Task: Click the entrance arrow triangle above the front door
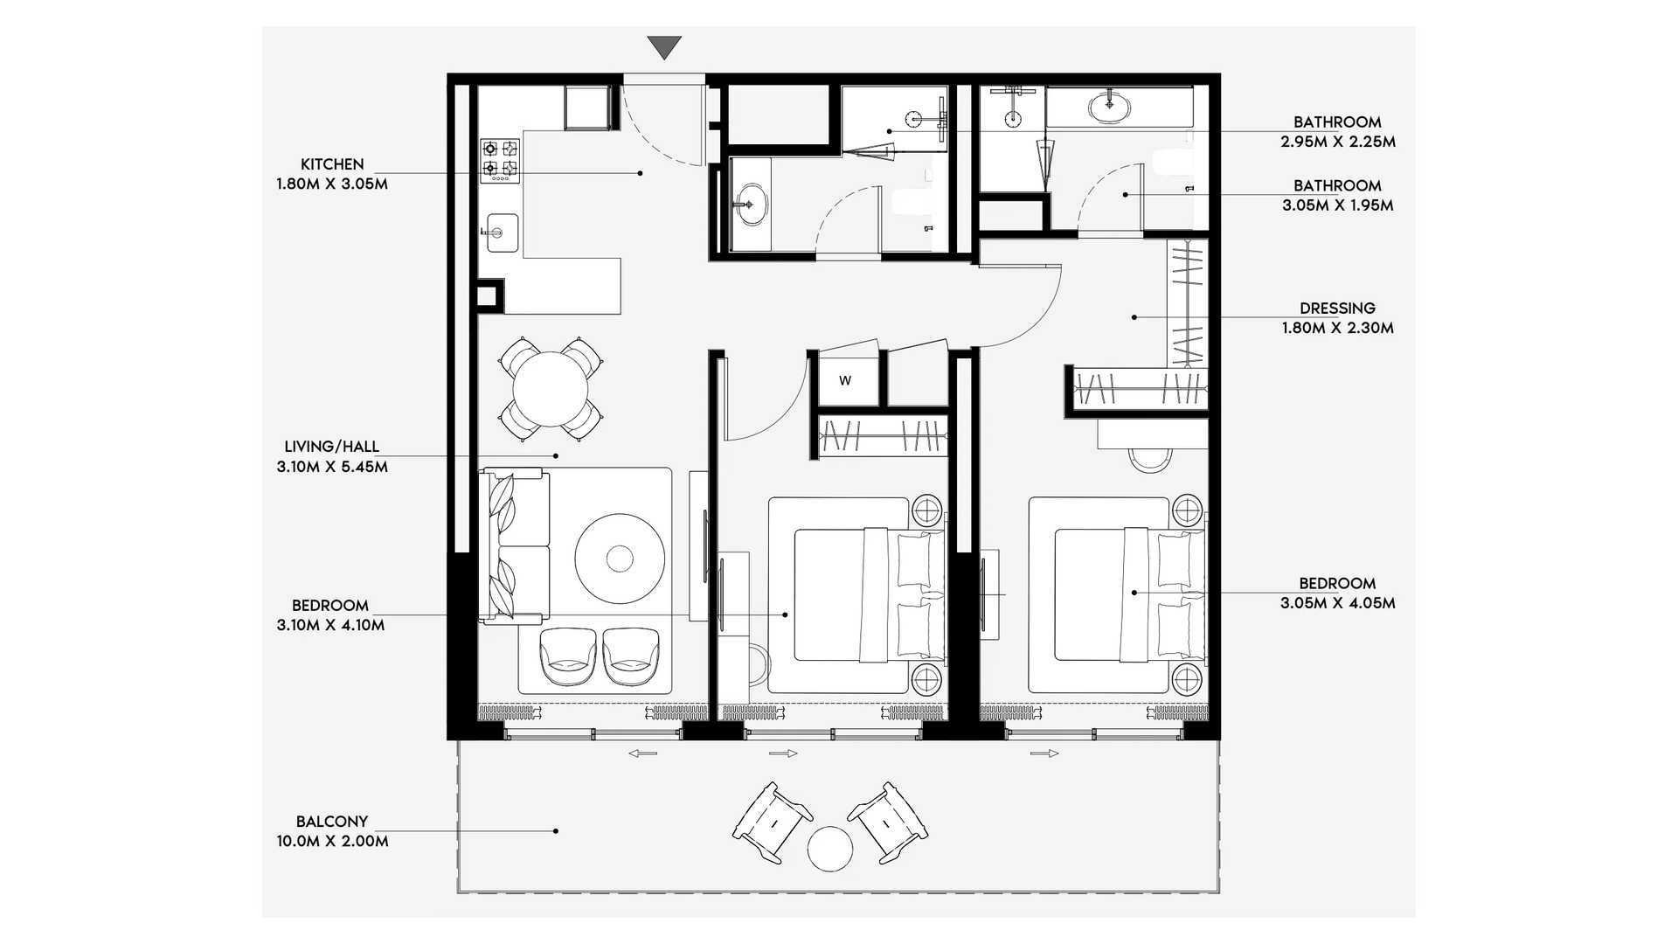point(665,47)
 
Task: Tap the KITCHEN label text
point(332,164)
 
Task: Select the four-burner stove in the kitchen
point(500,161)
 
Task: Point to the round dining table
point(551,388)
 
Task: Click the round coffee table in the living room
point(620,557)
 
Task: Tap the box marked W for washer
point(845,380)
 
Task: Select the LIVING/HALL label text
point(332,447)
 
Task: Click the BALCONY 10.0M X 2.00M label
point(332,831)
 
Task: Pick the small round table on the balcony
point(829,850)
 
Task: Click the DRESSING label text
point(1337,308)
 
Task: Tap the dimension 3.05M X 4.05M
point(1337,603)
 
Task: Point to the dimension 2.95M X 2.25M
point(1337,142)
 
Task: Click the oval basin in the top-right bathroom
point(1110,107)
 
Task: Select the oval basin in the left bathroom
point(749,205)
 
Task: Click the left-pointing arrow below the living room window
point(642,753)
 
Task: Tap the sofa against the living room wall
point(515,546)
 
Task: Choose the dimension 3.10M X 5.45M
point(332,467)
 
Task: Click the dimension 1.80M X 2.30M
point(1337,329)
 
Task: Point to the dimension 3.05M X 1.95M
point(1337,206)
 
